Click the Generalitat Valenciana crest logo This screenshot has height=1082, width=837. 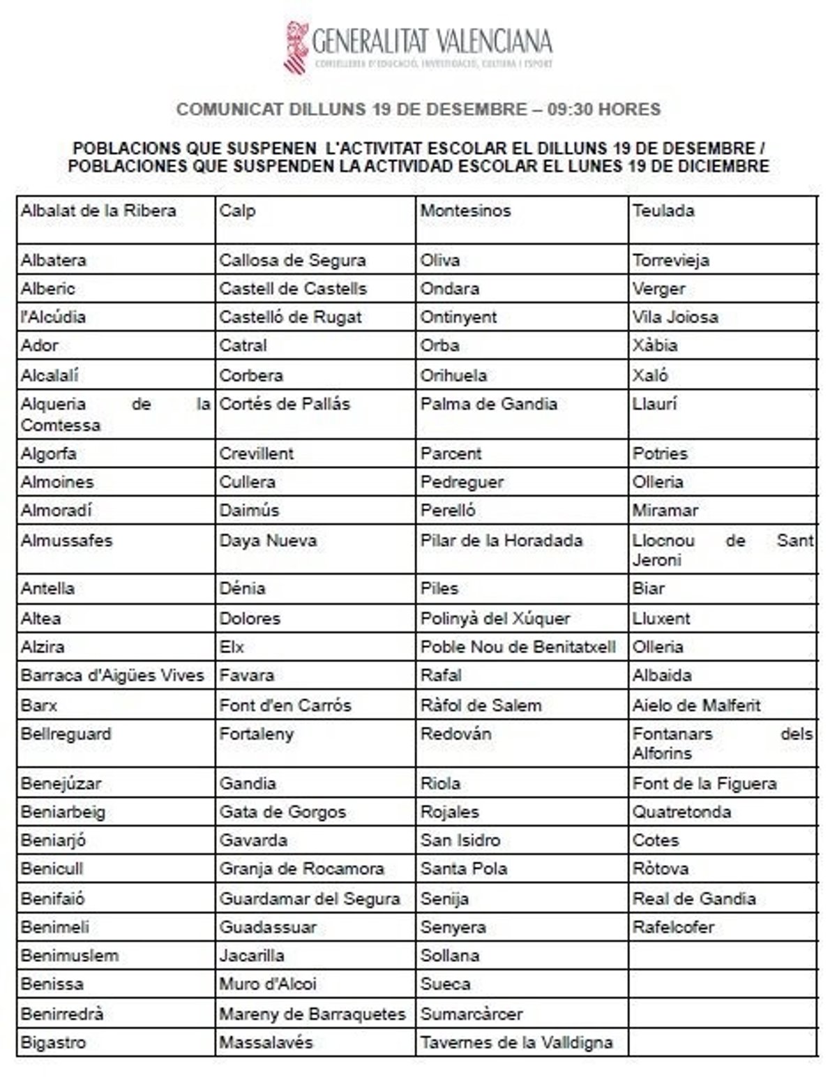[296, 46]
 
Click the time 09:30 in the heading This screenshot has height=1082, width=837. [571, 110]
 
